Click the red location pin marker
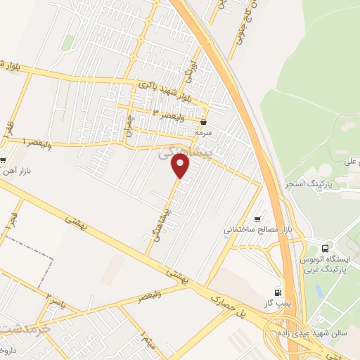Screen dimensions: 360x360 tap(181, 166)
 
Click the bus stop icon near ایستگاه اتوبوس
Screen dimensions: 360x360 tap(325, 248)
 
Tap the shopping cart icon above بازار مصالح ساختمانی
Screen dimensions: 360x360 tap(257, 219)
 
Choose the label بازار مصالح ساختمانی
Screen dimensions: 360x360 tap(257, 229)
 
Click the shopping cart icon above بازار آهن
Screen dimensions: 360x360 tap(4, 159)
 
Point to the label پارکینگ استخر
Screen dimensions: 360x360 tap(309, 184)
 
